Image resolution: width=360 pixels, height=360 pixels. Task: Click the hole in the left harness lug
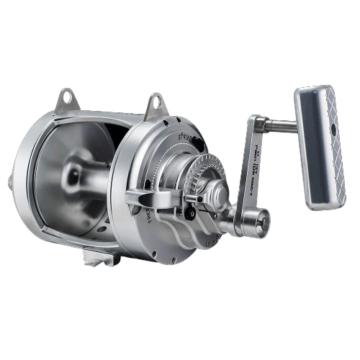pos(66,94)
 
